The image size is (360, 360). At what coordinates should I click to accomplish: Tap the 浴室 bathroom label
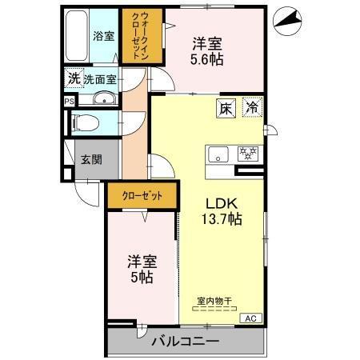(x=103, y=36)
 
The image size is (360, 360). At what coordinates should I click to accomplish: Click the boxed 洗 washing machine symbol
(x=73, y=78)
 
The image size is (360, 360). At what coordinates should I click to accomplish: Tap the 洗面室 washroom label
(x=101, y=79)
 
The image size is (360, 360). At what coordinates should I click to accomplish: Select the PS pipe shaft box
(x=69, y=102)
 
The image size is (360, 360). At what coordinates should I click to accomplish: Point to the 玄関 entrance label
(x=91, y=159)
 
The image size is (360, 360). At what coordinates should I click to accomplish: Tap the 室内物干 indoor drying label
(x=214, y=302)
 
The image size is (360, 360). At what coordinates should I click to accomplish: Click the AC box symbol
(x=246, y=317)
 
